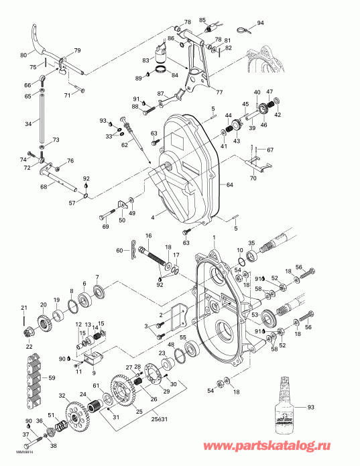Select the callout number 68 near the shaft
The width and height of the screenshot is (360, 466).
[44, 186]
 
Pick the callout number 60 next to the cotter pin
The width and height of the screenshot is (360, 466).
[119, 250]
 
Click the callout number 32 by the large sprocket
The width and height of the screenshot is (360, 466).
[62, 396]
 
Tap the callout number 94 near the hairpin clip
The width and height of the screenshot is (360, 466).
[261, 23]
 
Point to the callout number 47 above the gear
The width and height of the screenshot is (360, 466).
[269, 91]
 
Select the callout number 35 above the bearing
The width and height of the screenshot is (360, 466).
[253, 243]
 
